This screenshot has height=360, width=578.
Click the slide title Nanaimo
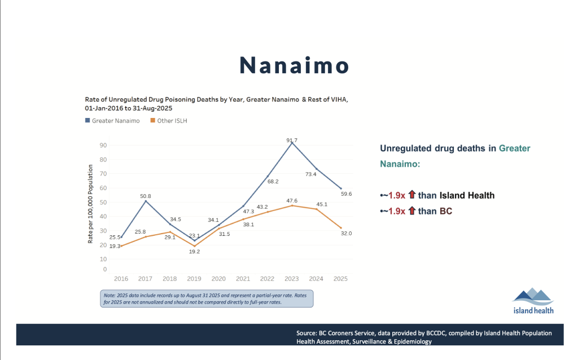(x=294, y=65)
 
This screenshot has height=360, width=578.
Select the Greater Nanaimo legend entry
(x=112, y=121)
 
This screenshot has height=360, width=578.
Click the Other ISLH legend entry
(x=169, y=121)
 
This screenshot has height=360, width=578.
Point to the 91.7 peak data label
(x=292, y=141)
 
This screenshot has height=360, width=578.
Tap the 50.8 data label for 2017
(x=145, y=196)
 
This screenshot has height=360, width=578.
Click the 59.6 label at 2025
(x=346, y=194)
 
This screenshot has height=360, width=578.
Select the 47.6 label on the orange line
(x=292, y=201)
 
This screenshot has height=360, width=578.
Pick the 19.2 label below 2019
(x=194, y=252)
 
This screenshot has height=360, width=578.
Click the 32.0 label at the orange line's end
(x=346, y=233)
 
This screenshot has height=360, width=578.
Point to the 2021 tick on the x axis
(x=243, y=279)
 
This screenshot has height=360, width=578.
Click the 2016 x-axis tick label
(x=121, y=279)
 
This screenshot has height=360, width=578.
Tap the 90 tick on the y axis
(x=103, y=146)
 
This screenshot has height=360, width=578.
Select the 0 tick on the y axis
(x=105, y=269)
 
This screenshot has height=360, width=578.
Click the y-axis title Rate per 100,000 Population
(x=90, y=204)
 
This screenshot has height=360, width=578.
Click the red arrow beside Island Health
(x=411, y=195)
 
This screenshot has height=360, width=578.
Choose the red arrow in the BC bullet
(x=411, y=210)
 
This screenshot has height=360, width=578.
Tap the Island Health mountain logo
(x=533, y=301)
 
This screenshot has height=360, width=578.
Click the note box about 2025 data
(x=207, y=298)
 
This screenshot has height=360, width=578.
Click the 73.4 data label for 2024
(x=311, y=174)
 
